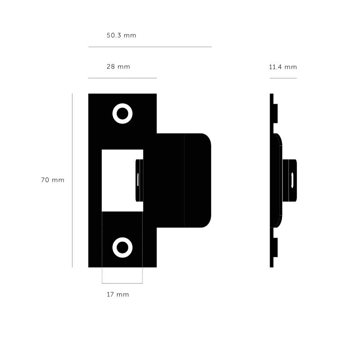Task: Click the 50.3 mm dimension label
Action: tap(121, 36)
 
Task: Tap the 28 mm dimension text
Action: tap(118, 67)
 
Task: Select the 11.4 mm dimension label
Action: tap(283, 67)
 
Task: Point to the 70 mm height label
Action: tap(53, 180)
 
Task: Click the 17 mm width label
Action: tap(118, 294)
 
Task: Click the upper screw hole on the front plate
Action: tap(122, 114)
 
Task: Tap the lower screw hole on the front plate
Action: tap(122, 247)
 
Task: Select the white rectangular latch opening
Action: tap(118, 180)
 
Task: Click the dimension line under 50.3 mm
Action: tap(150, 47)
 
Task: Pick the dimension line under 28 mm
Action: tap(122, 78)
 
